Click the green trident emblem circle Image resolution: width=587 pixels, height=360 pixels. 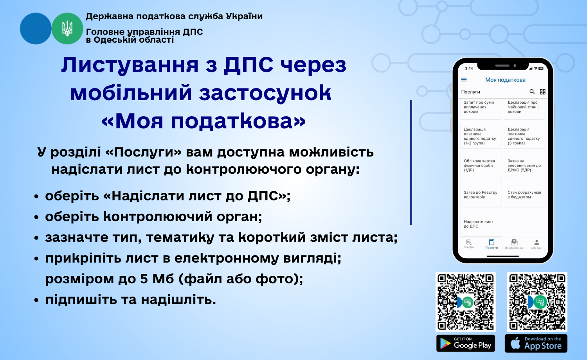click(67, 29)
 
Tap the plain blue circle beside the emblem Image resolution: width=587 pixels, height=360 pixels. click(36, 29)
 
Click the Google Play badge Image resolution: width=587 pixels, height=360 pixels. click(466, 343)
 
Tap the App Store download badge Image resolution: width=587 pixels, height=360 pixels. click(536, 343)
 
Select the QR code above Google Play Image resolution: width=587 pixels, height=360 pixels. click(466, 302)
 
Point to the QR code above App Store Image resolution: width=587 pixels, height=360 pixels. click(537, 302)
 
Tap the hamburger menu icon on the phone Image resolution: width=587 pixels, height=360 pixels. click(464, 80)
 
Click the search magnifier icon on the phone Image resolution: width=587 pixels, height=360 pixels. click(532, 92)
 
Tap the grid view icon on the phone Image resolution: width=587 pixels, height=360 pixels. click(543, 92)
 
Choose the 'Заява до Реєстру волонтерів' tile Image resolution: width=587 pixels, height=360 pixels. click(481, 194)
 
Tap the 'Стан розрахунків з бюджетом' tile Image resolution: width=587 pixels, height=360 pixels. click(525, 194)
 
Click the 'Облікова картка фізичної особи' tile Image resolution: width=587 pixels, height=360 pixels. click(481, 165)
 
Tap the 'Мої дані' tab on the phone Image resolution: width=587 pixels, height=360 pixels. click(537, 244)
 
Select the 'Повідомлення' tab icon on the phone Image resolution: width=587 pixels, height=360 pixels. click(514, 242)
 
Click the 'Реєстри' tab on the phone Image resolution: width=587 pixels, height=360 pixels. click(469, 244)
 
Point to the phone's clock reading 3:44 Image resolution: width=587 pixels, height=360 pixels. click(469, 68)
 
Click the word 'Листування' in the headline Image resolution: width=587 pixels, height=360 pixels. click(130, 65)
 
